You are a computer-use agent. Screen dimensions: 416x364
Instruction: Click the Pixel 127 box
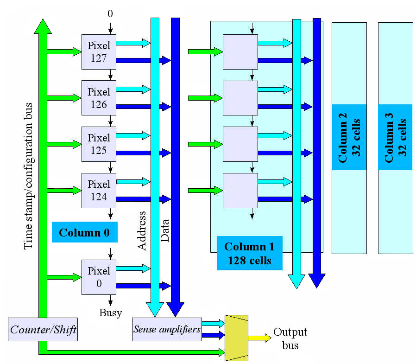point(99,52)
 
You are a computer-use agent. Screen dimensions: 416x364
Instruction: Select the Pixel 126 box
point(99,98)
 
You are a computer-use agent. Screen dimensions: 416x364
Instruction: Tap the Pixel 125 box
point(99,144)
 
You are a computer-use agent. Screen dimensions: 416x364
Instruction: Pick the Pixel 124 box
point(99,191)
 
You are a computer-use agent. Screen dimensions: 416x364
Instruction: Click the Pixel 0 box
point(99,277)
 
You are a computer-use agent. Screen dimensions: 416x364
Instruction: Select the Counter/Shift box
point(43,330)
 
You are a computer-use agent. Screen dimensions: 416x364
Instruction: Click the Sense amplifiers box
point(167,330)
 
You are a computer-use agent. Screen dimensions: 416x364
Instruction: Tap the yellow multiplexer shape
point(236,338)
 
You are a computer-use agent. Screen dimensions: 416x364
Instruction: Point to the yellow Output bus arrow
point(260,338)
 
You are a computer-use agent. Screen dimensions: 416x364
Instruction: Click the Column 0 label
point(85,232)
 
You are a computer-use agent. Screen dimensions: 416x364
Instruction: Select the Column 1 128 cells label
point(250,253)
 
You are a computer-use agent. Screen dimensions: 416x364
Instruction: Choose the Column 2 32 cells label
point(349,137)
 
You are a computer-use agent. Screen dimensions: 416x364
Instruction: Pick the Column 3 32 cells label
point(395,137)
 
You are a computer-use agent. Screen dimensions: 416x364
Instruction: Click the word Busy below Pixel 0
point(111,313)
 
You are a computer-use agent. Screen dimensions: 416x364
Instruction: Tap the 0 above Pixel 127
point(110,13)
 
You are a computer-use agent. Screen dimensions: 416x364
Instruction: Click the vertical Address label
point(142,231)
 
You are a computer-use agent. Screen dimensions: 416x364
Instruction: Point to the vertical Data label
point(165,231)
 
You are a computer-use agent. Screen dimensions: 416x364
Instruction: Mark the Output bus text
point(290,338)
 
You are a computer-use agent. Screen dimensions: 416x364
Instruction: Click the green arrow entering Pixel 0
point(64,277)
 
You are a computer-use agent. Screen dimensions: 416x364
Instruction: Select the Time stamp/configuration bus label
point(29,176)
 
